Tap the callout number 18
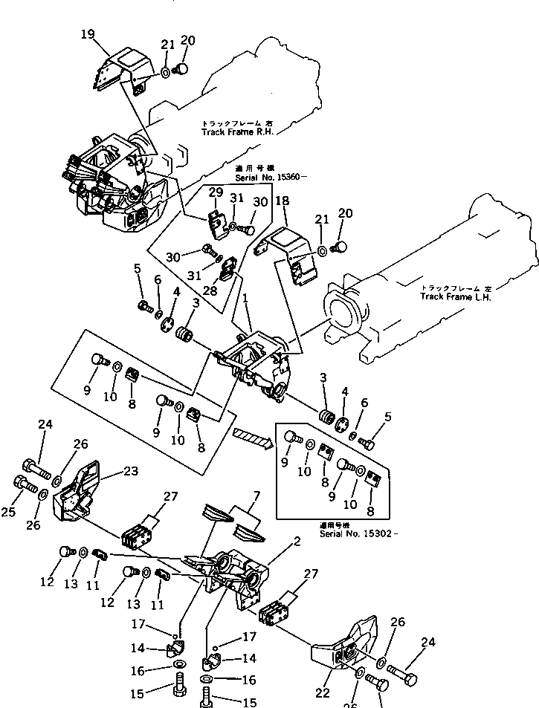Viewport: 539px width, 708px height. (x=283, y=202)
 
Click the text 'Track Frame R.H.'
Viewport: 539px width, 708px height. (x=237, y=131)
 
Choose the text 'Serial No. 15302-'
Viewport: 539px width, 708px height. (x=358, y=533)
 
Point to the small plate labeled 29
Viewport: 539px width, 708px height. (x=217, y=221)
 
